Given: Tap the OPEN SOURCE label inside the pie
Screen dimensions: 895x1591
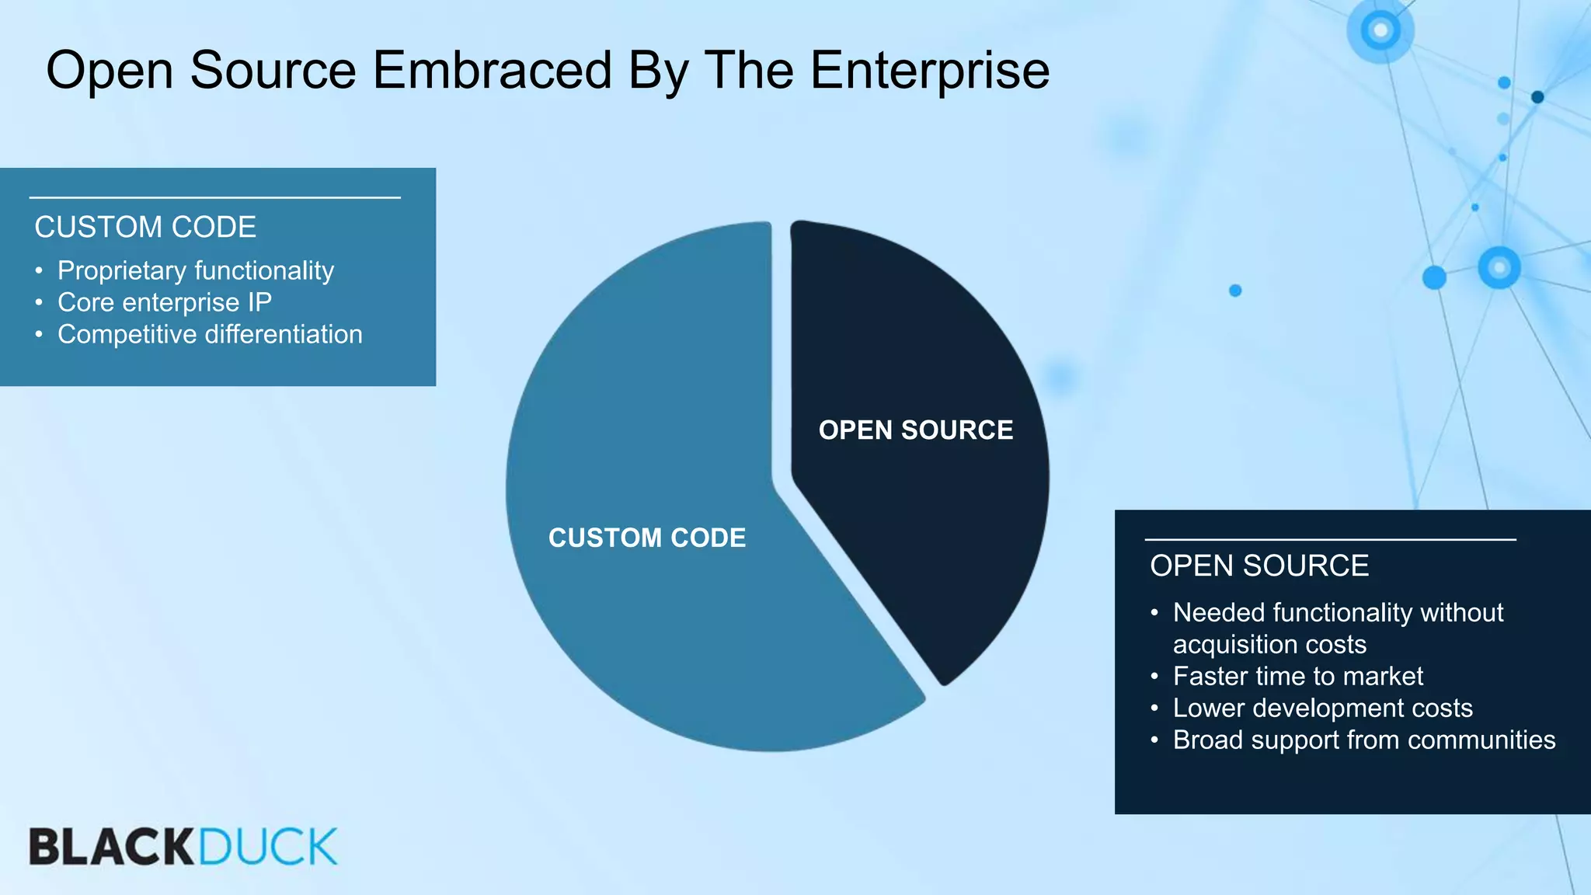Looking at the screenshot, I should pos(915,430).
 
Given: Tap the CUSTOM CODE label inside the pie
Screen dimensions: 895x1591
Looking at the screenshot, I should pos(646,538).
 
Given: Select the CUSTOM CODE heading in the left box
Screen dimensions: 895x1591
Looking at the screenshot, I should pos(145,228).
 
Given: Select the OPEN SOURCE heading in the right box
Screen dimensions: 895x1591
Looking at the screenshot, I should pos(1259,566).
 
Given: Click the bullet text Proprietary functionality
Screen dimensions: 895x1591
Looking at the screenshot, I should pos(196,270).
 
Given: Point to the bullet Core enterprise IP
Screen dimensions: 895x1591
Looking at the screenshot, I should pos(165,302).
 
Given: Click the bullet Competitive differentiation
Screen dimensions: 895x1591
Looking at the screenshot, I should pos(210,334).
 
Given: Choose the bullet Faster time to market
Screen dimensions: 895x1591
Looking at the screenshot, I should pos(1297,676).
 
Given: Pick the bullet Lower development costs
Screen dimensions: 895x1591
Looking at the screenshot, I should pos(1322,708).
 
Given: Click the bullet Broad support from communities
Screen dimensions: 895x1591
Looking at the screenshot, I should pos(1363,740).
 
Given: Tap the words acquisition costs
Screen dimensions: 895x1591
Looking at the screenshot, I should pos(1269,644).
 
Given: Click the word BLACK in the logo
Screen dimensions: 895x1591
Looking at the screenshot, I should pos(112,847).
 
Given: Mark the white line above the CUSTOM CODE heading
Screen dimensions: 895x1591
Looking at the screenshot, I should pos(214,198).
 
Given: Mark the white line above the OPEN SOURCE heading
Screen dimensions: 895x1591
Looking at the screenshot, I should pos(1330,539).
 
